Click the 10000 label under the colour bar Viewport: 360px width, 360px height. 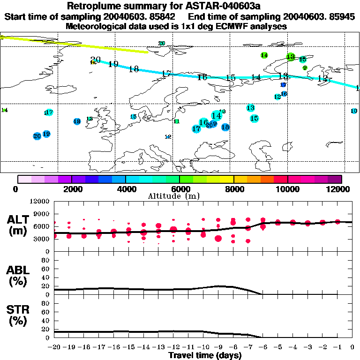pyautogui.click(x=288, y=189)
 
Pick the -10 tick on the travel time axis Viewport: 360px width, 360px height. pyautogui.click(x=203, y=347)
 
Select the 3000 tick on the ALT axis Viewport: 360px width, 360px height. pyautogui.click(x=42, y=239)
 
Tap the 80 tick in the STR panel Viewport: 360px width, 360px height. pyautogui.click(x=45, y=303)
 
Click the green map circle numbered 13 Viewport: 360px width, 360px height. pyautogui.click(x=291, y=57)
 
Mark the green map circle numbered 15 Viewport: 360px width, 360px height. pyautogui.click(x=302, y=60)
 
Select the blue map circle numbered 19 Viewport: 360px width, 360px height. pyautogui.click(x=46, y=134)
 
